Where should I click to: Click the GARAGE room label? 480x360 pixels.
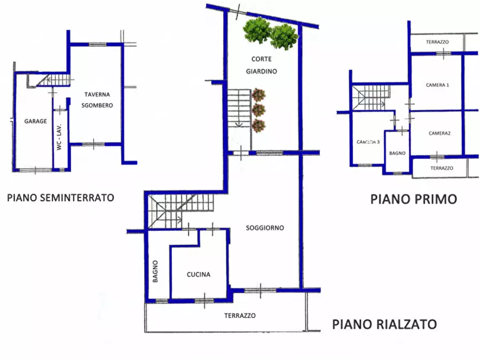pyautogui.click(x=35, y=121)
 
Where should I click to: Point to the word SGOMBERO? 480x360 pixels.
pyautogui.click(x=98, y=105)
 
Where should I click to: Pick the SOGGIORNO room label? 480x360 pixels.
pyautogui.click(x=265, y=228)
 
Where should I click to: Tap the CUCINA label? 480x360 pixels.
pyautogui.click(x=198, y=275)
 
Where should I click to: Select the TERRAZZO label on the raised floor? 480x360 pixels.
pyautogui.click(x=240, y=315)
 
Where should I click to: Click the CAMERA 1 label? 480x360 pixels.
pyautogui.click(x=438, y=85)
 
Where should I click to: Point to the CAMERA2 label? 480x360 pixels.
pyautogui.click(x=440, y=133)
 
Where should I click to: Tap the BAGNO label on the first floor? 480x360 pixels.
pyautogui.click(x=397, y=153)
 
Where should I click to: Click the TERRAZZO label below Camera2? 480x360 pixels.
pyautogui.click(x=441, y=168)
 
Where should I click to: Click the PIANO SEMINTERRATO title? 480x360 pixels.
pyautogui.click(x=60, y=197)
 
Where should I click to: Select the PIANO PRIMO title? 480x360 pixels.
pyautogui.click(x=413, y=199)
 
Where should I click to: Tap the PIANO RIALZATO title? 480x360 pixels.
pyautogui.click(x=384, y=324)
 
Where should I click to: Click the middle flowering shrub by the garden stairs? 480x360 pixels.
pyautogui.click(x=259, y=111)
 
